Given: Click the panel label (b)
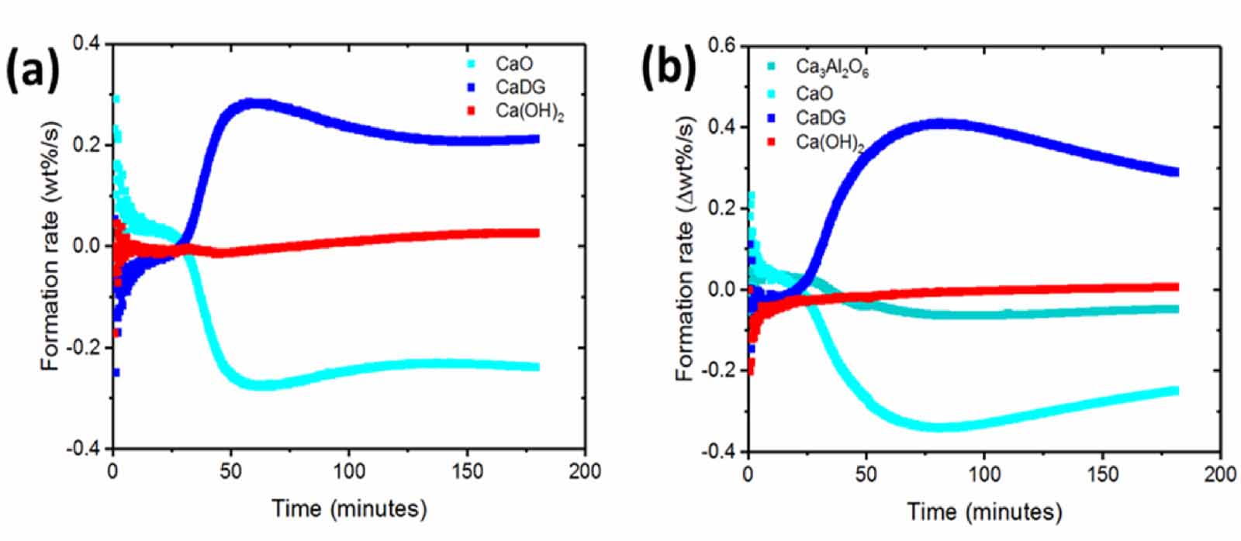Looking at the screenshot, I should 668,67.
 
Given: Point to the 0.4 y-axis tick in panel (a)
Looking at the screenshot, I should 86,43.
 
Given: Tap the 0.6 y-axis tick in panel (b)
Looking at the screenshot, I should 721,45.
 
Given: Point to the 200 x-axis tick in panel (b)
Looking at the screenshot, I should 1220,474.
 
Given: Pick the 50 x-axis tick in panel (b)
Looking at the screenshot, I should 866,474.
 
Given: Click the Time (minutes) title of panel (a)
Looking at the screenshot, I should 349,508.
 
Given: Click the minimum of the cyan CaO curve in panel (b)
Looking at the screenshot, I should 942,426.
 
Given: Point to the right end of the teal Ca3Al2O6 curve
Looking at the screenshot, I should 1175,308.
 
